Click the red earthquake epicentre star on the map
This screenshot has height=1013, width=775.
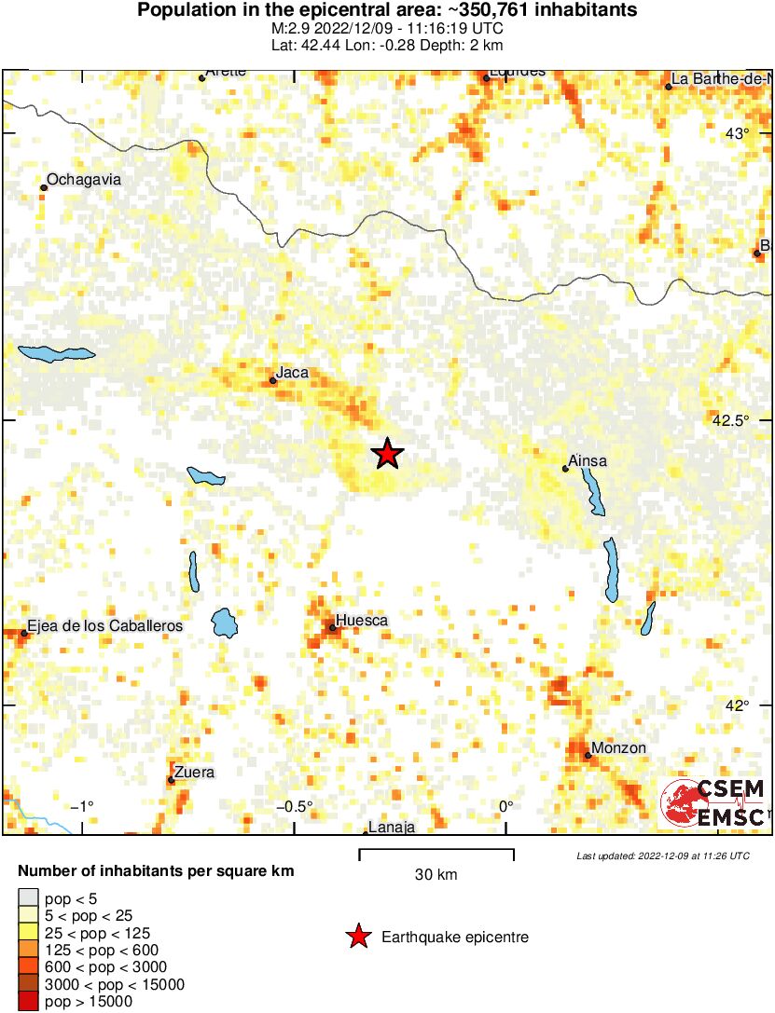387,454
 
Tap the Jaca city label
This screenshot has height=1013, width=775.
292,373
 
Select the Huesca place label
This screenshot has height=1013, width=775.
361,620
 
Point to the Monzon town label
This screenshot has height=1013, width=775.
618,747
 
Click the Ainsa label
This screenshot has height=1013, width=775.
588,460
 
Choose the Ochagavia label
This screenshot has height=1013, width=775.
84,179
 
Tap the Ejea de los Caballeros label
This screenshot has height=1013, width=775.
104,626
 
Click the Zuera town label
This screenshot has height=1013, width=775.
194,772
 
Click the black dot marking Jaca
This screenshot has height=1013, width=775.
272,380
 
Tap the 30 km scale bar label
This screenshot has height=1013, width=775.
436,874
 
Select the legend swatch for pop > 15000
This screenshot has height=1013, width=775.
27,1002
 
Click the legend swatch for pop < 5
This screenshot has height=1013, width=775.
27,898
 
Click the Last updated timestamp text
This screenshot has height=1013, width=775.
662,856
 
